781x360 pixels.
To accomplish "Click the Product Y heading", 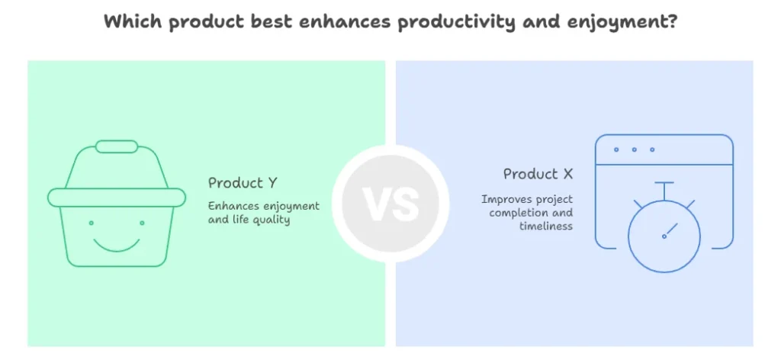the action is tap(243, 183).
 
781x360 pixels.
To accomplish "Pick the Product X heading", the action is tap(538, 174).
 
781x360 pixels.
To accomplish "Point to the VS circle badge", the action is tap(390, 203).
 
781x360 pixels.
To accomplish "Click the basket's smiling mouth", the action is tap(117, 245).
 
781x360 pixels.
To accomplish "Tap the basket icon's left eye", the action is tap(92, 223).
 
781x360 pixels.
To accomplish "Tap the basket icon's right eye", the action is tap(142, 223).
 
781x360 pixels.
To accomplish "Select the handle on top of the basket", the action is tap(117, 146).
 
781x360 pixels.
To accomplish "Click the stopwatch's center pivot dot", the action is tap(664, 236).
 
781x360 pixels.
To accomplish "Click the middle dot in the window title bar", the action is tap(634, 149).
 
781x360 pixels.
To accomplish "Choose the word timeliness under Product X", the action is tap(546, 226).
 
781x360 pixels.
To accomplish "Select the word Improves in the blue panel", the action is tap(502, 200).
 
